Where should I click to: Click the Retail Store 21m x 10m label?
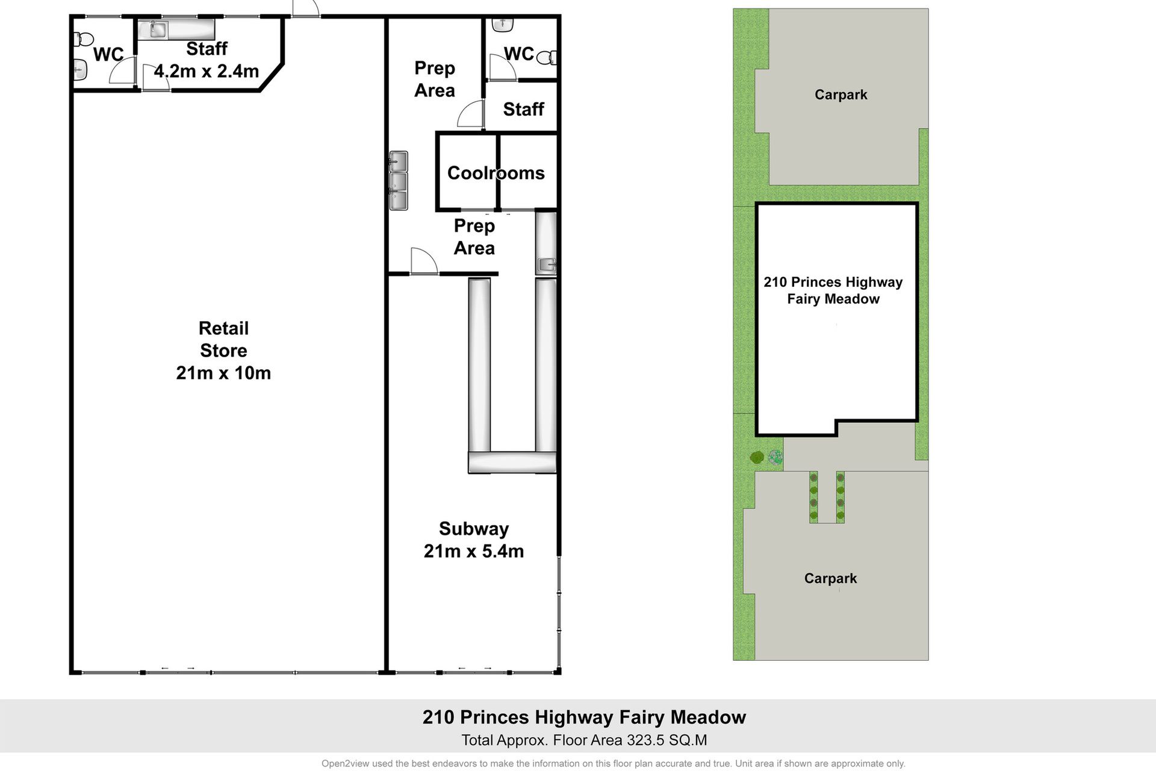(223, 351)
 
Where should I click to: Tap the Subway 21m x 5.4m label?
(474, 540)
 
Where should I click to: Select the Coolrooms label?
(496, 173)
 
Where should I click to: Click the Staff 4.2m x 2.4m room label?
(207, 60)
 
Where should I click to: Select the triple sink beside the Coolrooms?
(399, 181)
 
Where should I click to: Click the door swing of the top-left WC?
(121, 71)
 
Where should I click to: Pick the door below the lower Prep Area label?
(424, 261)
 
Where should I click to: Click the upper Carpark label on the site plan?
(841, 95)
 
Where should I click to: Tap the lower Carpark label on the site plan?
(830, 578)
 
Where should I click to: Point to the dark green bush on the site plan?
(757, 457)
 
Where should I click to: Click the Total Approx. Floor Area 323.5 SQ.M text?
(584, 740)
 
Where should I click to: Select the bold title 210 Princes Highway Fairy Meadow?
(584, 717)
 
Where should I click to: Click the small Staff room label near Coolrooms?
(523, 109)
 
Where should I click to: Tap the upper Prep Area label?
(435, 79)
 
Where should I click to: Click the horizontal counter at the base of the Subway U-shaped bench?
(512, 463)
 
